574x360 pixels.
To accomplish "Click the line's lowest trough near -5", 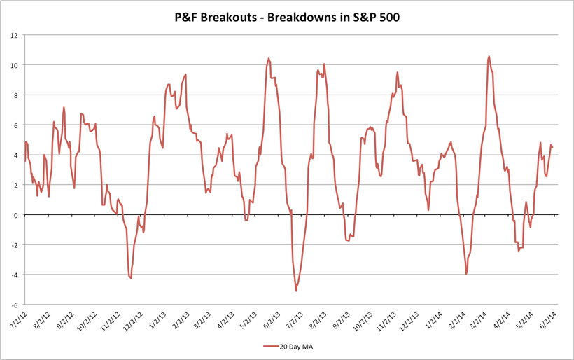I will [x=296, y=291].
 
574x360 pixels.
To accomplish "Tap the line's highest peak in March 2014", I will [x=489, y=57].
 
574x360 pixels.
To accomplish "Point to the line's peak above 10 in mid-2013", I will [x=269, y=59].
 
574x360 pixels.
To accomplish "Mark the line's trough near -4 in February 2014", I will [x=466, y=273].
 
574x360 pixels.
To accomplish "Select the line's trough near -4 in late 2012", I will [x=131, y=278].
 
